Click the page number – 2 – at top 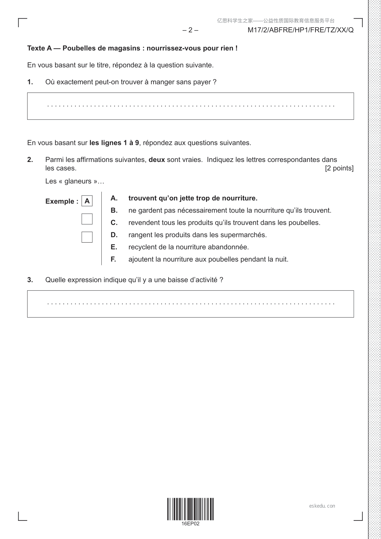[190, 30]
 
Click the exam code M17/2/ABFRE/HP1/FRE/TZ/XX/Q [300, 30]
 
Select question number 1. [30, 82]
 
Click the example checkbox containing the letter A [87, 201]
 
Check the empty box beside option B [87, 219]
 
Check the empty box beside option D [87, 237]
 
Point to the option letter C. [114, 223]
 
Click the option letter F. [113, 259]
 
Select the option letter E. [114, 247]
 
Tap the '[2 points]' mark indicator [339, 168]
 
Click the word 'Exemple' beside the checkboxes [60, 201]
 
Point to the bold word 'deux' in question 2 [157, 160]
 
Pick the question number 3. [30, 280]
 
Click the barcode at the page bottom [190, 509]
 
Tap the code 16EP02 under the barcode [190, 524]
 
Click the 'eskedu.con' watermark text [322, 506]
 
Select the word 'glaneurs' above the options [78, 181]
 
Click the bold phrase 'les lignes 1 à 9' [114, 143]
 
